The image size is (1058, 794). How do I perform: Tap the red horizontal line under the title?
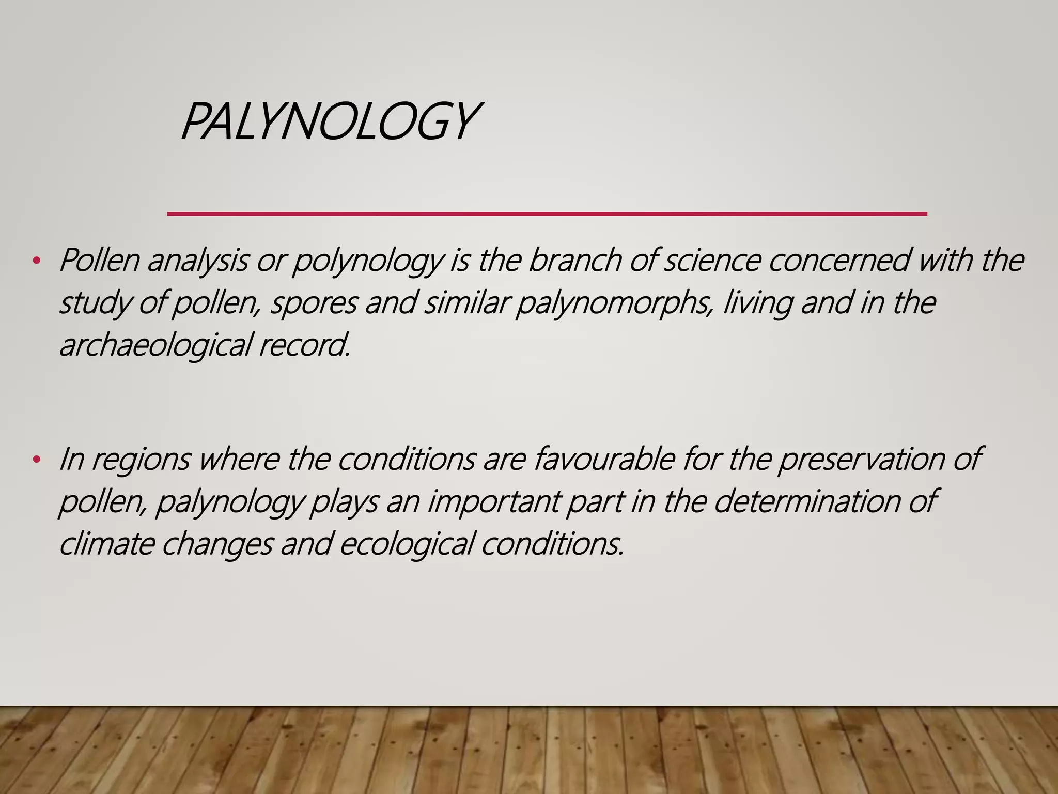point(547,213)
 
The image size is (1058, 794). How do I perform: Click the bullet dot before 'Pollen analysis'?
point(36,261)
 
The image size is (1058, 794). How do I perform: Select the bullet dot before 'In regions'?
point(36,459)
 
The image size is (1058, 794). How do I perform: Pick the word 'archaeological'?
point(155,345)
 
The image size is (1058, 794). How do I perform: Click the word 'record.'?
point(305,344)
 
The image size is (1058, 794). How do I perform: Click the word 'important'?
point(494,501)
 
